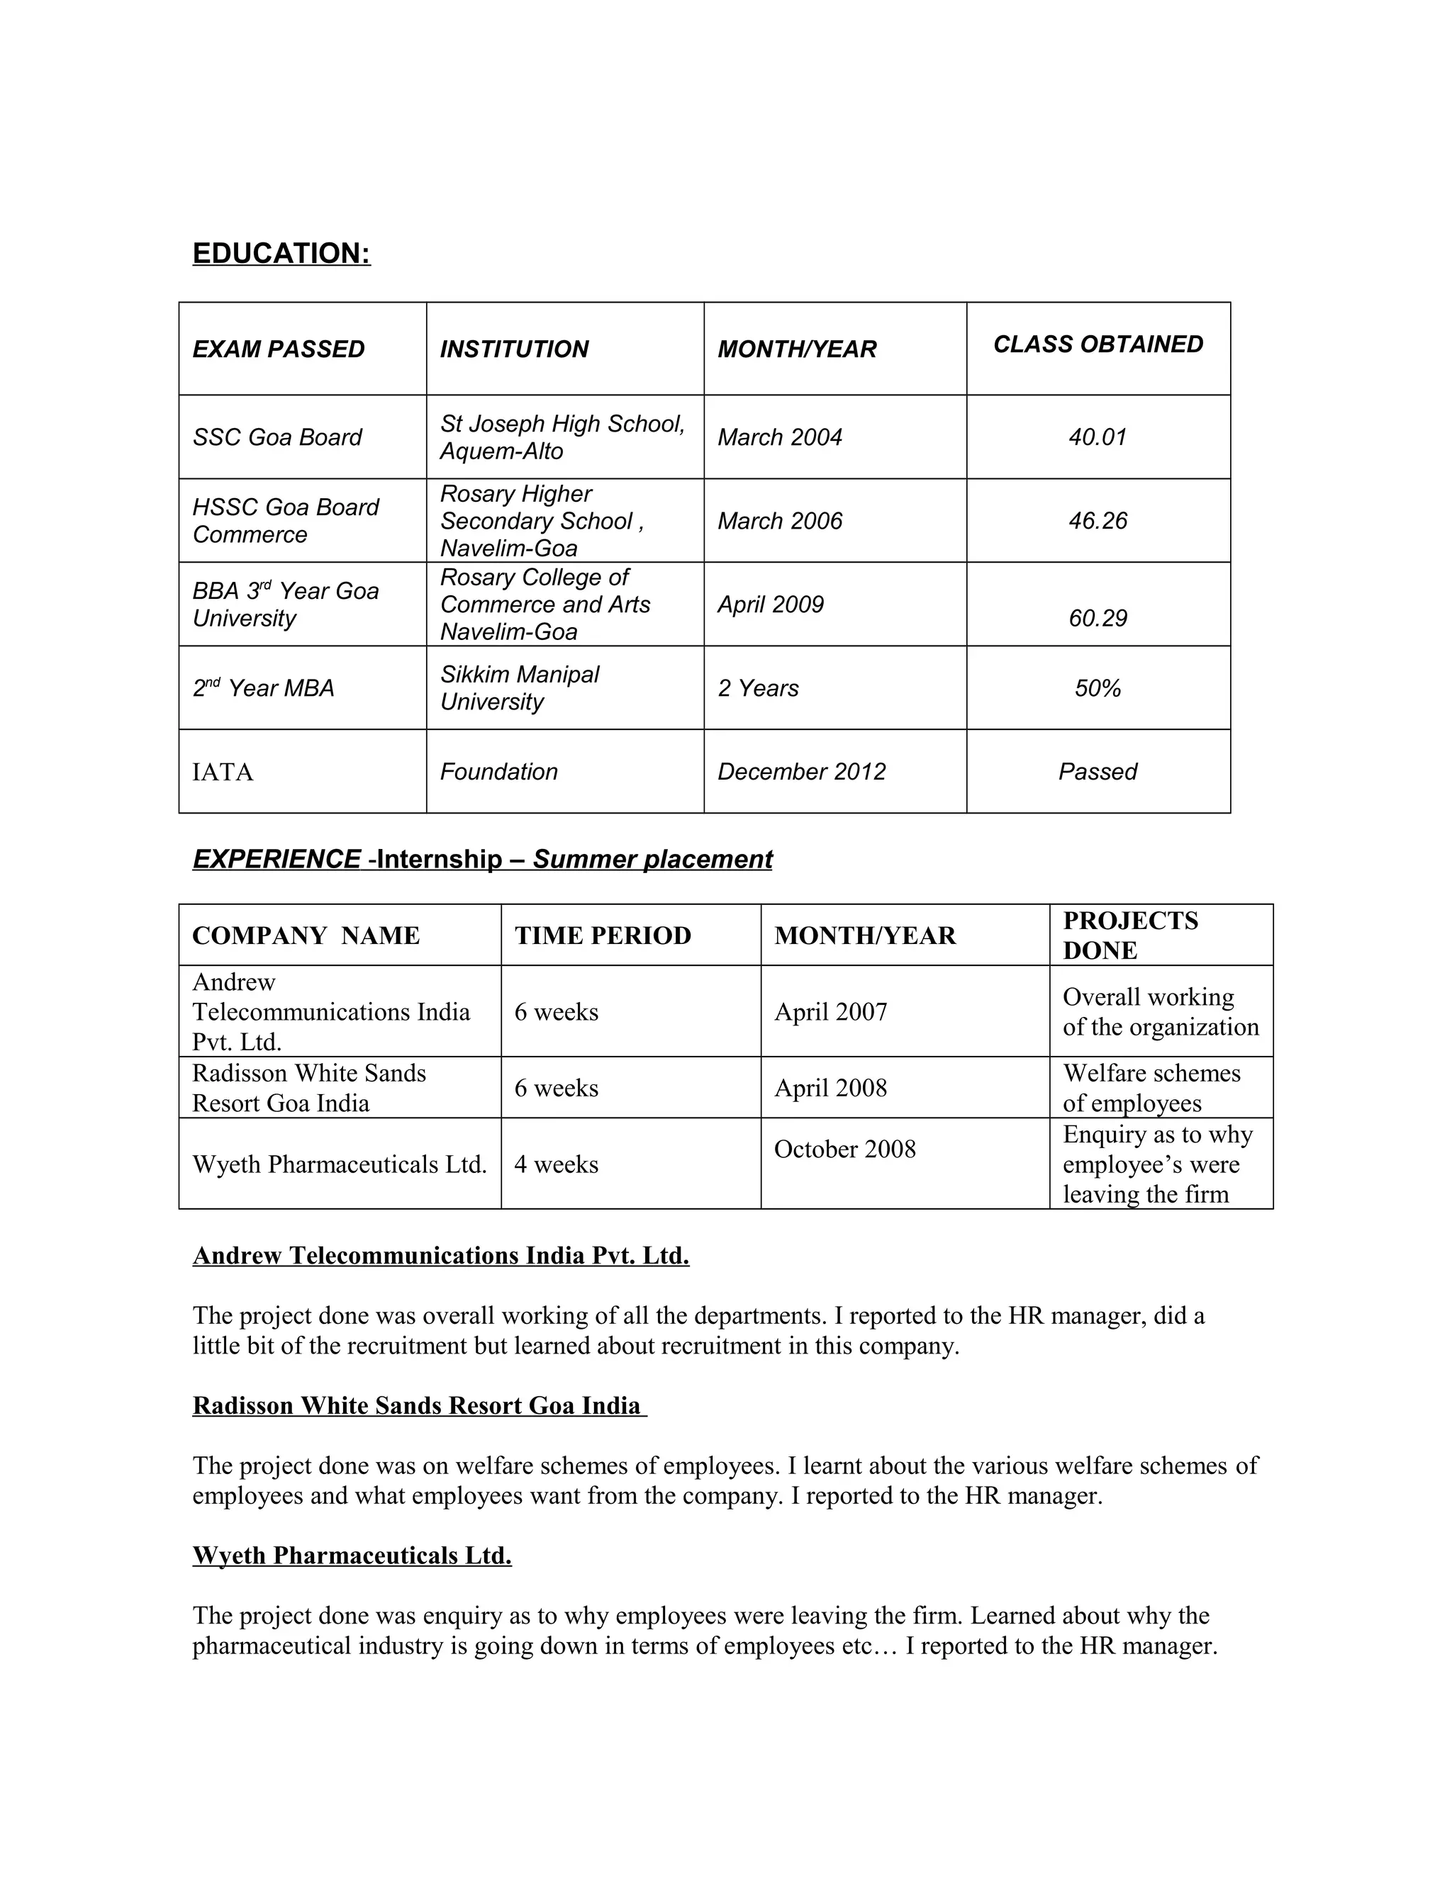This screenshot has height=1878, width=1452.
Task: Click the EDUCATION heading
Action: click(x=281, y=254)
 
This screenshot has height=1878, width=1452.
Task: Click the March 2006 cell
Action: click(x=779, y=521)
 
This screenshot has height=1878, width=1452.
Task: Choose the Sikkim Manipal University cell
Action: click(x=520, y=688)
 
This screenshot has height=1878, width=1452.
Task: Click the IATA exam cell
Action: click(x=223, y=772)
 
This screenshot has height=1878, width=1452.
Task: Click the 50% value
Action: click(x=1098, y=688)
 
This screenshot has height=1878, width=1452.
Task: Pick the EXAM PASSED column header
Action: click(x=279, y=349)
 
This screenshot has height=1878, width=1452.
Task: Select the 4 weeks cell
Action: click(x=556, y=1164)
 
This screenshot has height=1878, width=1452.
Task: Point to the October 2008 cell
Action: click(x=844, y=1149)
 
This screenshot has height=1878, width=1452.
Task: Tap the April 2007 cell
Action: click(x=830, y=1012)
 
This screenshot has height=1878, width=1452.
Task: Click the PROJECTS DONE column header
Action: click(x=1129, y=935)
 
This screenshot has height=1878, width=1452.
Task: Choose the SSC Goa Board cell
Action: click(x=277, y=438)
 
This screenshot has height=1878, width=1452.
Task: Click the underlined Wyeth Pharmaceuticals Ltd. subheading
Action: click(x=352, y=1556)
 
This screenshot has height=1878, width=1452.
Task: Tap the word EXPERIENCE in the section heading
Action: click(x=276, y=859)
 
